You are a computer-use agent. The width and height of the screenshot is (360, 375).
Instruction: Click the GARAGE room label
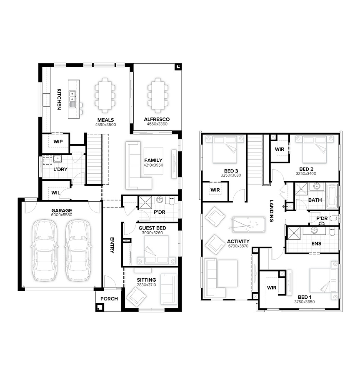click(62, 210)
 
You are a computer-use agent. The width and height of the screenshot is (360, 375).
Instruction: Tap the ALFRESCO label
click(157, 119)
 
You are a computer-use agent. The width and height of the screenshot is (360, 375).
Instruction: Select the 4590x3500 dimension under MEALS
click(105, 125)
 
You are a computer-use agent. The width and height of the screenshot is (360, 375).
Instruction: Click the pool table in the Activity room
click(248, 225)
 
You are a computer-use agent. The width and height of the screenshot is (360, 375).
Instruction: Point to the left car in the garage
click(45, 250)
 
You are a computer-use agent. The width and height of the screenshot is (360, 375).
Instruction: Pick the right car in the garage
click(78, 250)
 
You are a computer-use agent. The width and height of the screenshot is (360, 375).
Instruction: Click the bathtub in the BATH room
click(332, 196)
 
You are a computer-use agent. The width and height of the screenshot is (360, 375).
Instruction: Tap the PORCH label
click(109, 299)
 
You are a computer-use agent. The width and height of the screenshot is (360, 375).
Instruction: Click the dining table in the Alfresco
click(157, 95)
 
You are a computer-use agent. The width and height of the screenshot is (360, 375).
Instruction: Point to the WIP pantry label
click(58, 142)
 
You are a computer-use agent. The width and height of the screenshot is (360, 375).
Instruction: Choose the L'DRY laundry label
click(60, 169)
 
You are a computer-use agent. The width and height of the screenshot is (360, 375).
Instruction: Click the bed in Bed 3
click(225, 150)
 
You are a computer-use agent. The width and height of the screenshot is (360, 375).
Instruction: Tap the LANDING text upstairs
click(272, 211)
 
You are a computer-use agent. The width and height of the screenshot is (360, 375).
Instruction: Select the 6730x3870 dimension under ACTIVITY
click(238, 246)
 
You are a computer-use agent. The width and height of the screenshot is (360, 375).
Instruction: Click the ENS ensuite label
click(316, 243)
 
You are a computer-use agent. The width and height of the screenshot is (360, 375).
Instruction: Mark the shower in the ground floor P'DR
click(145, 202)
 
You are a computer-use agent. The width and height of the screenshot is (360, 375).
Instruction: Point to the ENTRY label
click(112, 245)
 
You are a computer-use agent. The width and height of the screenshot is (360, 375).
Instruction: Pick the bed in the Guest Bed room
click(157, 250)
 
